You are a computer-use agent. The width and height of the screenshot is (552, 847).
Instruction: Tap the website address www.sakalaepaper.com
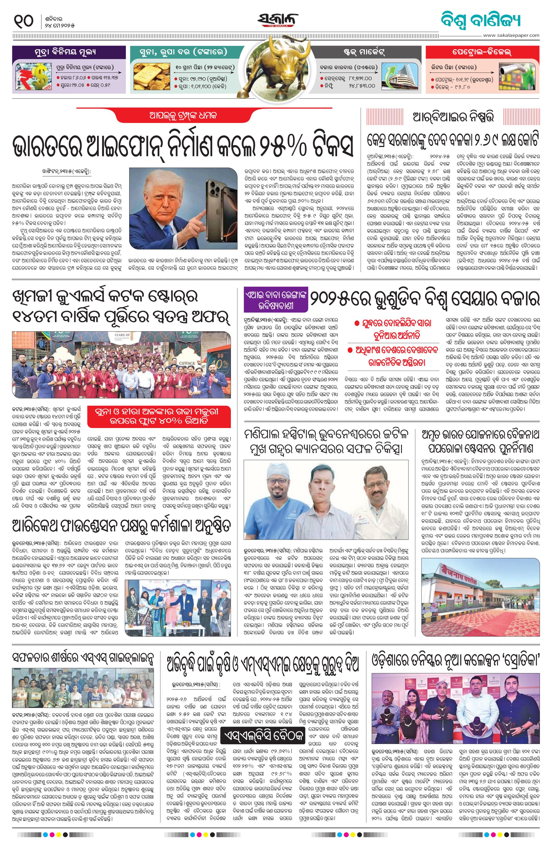(x=511, y=35)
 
